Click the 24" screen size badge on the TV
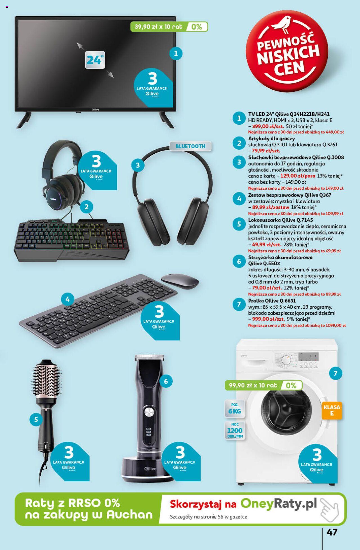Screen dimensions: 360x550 tap(95, 60)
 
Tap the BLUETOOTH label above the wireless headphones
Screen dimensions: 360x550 tap(190, 146)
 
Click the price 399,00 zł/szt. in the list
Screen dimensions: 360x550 tap(268, 126)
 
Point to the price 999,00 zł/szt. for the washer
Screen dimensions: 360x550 tap(268, 319)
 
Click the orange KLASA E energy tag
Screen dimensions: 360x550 tap(332, 410)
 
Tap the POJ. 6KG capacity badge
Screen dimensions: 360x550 tap(235, 408)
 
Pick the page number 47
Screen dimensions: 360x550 tap(332, 532)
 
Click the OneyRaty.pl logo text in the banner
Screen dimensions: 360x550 tap(279, 504)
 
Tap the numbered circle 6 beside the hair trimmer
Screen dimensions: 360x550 tap(166, 381)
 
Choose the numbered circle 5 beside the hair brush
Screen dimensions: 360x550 tap(36, 420)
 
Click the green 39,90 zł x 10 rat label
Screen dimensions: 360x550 tap(159, 27)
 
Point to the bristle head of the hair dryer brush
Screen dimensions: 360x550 tap(47, 384)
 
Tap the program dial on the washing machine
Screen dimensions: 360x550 tap(286, 360)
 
